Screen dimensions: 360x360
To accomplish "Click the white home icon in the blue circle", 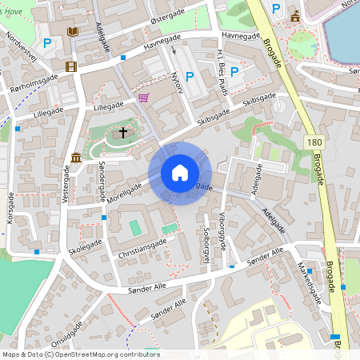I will click(x=180, y=173).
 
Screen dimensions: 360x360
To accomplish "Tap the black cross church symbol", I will click(x=123, y=131).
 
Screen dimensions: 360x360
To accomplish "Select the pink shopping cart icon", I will click(x=143, y=98).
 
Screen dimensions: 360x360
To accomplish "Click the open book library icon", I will click(x=73, y=31).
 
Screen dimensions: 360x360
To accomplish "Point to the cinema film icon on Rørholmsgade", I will click(x=71, y=66).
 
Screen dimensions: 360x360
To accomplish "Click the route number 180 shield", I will click(x=314, y=142).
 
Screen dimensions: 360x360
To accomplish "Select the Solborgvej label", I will click(x=206, y=241).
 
